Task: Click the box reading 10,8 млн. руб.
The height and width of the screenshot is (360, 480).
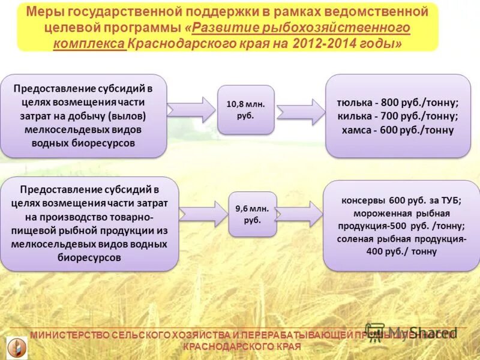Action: coord(245,109)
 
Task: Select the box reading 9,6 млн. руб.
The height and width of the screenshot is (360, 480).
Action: coord(253,214)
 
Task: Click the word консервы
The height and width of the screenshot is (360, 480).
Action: coord(362,200)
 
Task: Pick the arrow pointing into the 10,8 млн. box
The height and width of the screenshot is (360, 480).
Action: coord(191,109)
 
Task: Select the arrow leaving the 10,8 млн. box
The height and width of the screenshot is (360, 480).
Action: coord(300,111)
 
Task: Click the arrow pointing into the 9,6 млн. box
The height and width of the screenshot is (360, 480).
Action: coord(203,214)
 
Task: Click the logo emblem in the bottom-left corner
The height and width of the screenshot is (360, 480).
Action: coord(17,347)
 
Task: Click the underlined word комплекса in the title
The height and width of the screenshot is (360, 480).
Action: coord(89,44)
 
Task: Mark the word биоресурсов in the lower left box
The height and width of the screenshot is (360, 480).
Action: coord(90,257)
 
